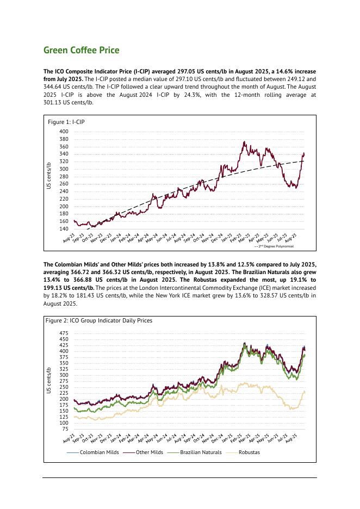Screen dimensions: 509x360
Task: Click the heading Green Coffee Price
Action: [81, 51]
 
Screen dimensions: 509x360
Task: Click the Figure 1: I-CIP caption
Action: [66, 122]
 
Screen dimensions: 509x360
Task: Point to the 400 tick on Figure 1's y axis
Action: [64, 132]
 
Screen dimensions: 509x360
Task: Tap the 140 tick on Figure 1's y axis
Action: [64, 229]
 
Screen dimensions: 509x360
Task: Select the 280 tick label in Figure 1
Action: [64, 177]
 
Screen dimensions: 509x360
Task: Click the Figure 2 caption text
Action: [99, 320]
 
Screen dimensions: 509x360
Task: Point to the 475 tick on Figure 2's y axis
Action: [64, 333]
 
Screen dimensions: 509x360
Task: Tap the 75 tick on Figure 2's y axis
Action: [65, 429]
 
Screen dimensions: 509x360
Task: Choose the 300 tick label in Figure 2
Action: [64, 375]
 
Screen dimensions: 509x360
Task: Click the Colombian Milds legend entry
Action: [99, 452]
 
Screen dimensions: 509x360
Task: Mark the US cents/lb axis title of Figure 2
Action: [48, 380]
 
